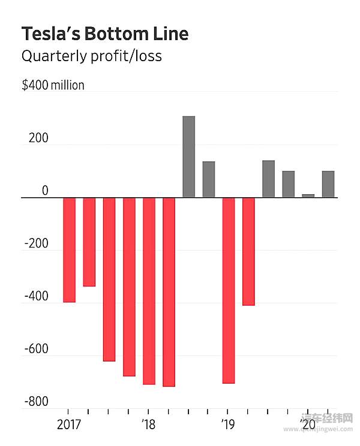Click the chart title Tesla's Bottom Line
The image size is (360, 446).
click(x=104, y=34)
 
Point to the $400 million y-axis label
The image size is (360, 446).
click(x=53, y=85)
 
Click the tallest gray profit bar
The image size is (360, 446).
click(x=188, y=156)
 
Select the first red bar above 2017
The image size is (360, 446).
click(x=69, y=249)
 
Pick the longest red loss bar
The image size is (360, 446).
click(x=169, y=291)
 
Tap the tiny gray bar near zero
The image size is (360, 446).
click(x=308, y=195)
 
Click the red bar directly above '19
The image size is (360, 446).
click(x=228, y=290)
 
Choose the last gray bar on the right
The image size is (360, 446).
click(x=328, y=184)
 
